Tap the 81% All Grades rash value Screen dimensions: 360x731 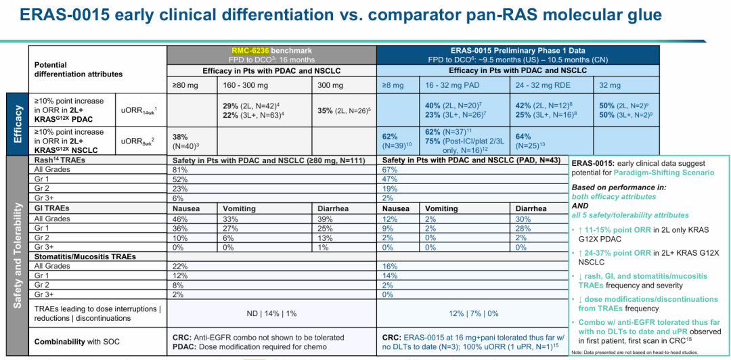pos(179,169)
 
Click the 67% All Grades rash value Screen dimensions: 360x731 pos(389,169)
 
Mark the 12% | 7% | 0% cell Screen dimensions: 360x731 pos(473,313)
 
